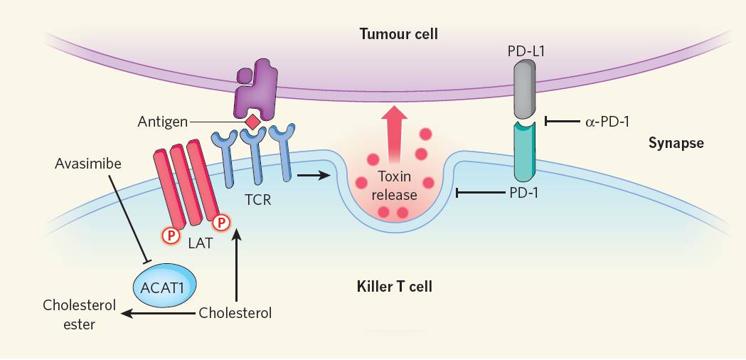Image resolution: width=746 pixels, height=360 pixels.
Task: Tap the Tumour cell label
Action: coord(399,34)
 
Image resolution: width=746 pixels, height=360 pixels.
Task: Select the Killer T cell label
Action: coord(395,287)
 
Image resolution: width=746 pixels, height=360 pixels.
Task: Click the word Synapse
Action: coord(676,143)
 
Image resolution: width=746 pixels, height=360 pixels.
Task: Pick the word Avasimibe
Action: coord(88,164)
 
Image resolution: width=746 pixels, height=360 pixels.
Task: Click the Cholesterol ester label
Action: coord(80,314)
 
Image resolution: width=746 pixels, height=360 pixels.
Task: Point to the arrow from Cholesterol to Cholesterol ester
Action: coord(159,313)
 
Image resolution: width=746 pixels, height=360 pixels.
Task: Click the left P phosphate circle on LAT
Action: coord(169,235)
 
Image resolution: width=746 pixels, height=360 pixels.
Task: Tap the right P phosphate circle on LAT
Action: coord(222,222)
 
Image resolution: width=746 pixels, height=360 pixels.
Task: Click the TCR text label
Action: coord(258,199)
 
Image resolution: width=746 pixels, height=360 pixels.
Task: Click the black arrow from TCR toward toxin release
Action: coord(314,176)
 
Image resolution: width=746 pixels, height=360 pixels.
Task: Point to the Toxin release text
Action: coord(395,186)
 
